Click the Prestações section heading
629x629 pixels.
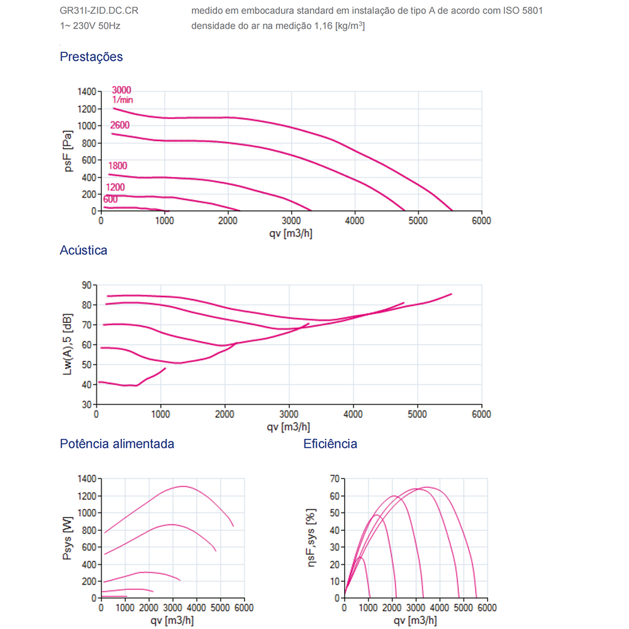coord(91,57)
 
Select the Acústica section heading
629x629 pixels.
coord(84,250)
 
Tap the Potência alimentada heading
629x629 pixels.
coord(117,443)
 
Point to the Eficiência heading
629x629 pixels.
coord(330,443)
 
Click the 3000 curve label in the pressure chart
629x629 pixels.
coord(121,90)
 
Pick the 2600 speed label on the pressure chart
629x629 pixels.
coord(120,125)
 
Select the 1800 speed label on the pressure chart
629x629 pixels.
coord(118,166)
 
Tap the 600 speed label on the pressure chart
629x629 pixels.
coord(111,200)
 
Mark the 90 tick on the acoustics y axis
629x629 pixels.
coord(87,285)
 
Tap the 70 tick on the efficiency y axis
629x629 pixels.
coord(335,479)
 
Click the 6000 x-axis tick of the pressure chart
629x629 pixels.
coord(481,221)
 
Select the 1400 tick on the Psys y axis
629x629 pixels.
coord(86,479)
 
